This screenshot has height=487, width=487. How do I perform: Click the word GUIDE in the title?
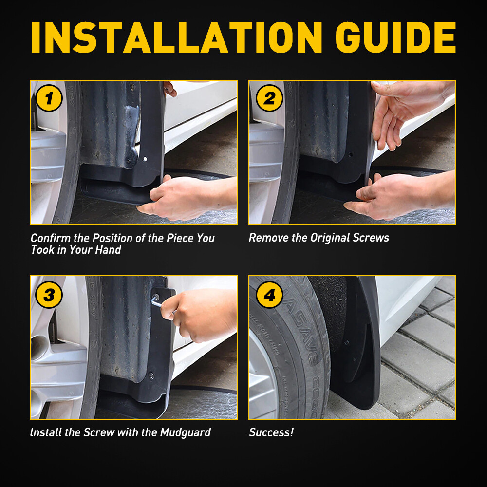tap(395, 37)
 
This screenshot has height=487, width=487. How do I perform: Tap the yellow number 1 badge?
tap(49, 98)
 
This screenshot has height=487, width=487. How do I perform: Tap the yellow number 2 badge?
tap(269, 98)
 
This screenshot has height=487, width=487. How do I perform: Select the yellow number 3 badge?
tap(49, 295)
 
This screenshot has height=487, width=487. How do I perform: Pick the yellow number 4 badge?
tap(269, 295)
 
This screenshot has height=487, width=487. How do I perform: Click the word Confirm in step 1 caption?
tap(51, 238)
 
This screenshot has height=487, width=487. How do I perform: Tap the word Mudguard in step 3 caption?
tap(186, 432)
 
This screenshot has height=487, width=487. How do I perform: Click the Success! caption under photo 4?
tap(271, 432)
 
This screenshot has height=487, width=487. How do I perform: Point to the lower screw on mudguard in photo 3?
tap(151, 376)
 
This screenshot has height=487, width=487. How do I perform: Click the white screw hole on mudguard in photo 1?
tap(145, 159)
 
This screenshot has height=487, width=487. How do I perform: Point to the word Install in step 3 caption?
tap(45, 432)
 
